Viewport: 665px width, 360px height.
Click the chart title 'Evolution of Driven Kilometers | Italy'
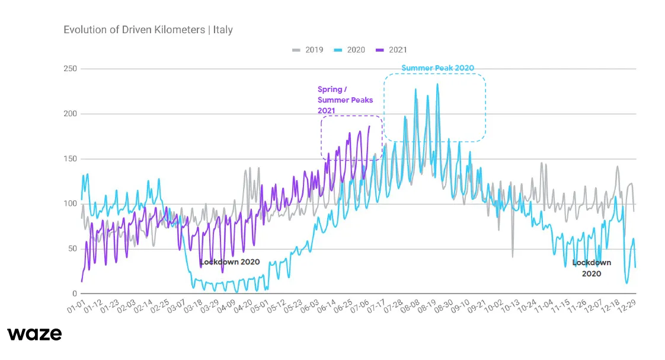[148, 29]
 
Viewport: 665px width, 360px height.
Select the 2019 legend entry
[308, 50]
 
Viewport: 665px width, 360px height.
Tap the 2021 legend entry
[392, 50]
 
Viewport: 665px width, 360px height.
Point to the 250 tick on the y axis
[70, 69]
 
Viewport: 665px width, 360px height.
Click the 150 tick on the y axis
[70, 159]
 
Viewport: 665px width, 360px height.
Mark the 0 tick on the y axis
[75, 294]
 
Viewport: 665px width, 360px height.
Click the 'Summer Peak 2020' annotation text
[437, 68]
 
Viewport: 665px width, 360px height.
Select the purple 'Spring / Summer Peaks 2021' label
[345, 100]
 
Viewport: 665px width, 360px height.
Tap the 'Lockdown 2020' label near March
[229, 262]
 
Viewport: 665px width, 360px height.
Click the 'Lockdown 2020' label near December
[591, 268]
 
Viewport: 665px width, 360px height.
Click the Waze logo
[34, 334]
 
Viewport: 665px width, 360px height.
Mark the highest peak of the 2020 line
[437, 84]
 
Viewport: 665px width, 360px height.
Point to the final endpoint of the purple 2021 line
[369, 126]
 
